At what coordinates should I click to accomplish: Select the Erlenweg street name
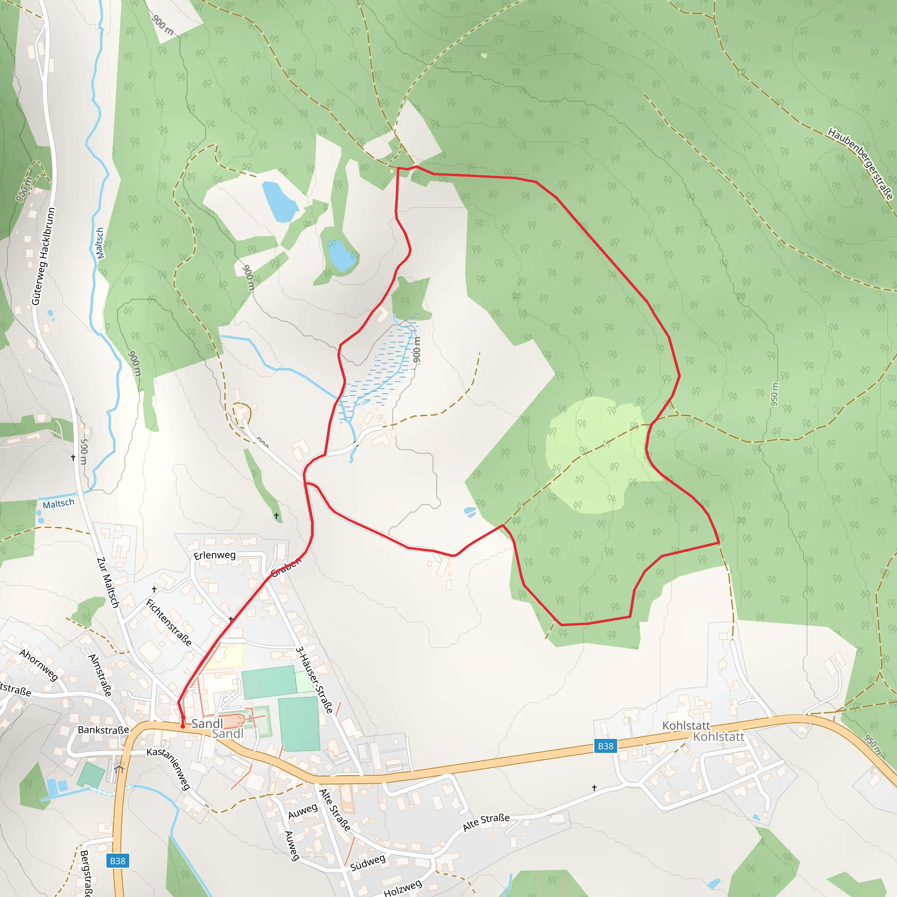pos(215,555)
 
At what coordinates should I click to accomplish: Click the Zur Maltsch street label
pos(108,582)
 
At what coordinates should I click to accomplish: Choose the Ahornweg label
pos(39,665)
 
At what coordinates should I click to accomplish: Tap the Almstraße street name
pos(100,675)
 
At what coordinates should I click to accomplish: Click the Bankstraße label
pos(103,730)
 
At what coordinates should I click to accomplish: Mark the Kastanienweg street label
pos(169,768)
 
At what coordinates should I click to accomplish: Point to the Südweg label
pos(368,863)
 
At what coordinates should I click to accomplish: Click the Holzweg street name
pos(403,888)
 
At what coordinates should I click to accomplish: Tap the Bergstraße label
pos(86,873)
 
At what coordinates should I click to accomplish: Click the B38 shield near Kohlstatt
pos(605,746)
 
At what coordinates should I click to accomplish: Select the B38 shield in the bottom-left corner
pos(117,861)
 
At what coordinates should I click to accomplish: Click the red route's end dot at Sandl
pos(183,726)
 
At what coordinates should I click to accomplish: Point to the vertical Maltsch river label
pos(100,243)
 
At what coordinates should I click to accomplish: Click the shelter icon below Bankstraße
pos(119,766)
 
